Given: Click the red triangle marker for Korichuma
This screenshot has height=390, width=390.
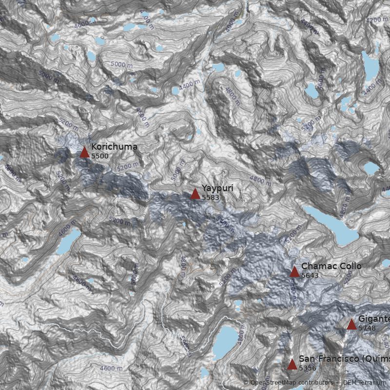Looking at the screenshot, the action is pyautogui.click(x=84, y=153).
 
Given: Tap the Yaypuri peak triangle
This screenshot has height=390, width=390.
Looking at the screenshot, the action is pyautogui.click(x=195, y=194).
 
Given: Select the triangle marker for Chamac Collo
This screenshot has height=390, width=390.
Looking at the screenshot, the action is pyautogui.click(x=294, y=272).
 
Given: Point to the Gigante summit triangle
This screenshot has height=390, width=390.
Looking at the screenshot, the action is pyautogui.click(x=351, y=325).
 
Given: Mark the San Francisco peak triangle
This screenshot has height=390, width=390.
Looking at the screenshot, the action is pyautogui.click(x=292, y=365).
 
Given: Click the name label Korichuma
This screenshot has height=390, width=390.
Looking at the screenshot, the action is pyautogui.click(x=114, y=147).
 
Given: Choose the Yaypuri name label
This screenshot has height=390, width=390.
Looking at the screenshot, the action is pyautogui.click(x=217, y=188).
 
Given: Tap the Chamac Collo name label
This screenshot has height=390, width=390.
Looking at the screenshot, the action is pyautogui.click(x=331, y=266).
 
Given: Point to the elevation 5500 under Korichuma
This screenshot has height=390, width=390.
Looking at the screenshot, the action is pyautogui.click(x=100, y=156).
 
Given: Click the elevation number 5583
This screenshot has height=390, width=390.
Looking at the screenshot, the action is pyautogui.click(x=211, y=197).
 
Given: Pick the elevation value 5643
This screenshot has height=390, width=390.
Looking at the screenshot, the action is pyautogui.click(x=310, y=275).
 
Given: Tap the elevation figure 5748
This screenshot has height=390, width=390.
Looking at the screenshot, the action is pyautogui.click(x=367, y=328).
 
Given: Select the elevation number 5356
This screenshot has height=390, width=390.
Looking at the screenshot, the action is pyautogui.click(x=308, y=368).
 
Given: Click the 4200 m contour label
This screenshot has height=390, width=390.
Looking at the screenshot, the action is pyautogui.click(x=376, y=20).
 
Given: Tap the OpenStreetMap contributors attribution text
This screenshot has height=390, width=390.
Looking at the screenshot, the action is pyautogui.click(x=288, y=383).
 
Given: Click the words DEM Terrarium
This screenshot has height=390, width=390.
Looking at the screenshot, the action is pyautogui.click(x=364, y=383).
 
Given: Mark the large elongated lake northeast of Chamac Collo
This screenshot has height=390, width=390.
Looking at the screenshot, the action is pyautogui.click(x=331, y=225).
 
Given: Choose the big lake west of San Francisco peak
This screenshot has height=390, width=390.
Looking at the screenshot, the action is pyautogui.click(x=225, y=339).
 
